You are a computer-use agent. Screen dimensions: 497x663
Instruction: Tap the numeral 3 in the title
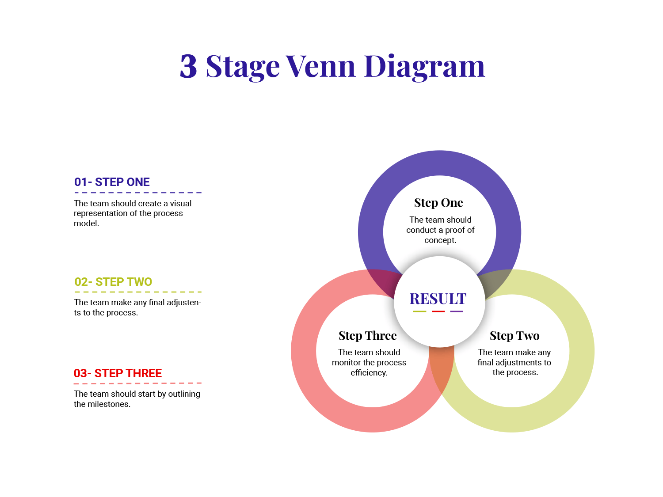coord(188,67)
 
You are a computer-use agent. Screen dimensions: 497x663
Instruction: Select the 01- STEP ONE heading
coord(112,182)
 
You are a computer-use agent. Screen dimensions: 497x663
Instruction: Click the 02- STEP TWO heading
coord(113,282)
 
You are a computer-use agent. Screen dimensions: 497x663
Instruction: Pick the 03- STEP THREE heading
coord(118,373)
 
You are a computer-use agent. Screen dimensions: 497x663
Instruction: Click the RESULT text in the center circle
coord(438,299)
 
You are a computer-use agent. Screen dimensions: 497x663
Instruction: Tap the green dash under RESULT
coord(419,311)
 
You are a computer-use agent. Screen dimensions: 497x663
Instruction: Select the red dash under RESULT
coord(438,311)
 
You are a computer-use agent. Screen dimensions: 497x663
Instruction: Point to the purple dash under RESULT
coord(457,311)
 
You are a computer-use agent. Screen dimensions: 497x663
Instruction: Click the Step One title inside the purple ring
coord(438,203)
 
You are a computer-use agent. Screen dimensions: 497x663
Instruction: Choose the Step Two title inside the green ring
coord(514,336)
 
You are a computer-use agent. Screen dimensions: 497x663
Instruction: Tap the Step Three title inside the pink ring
coord(368,336)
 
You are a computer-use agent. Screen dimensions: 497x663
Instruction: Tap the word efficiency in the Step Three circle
coord(369,373)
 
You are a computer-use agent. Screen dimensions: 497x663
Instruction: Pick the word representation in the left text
coord(100,213)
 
